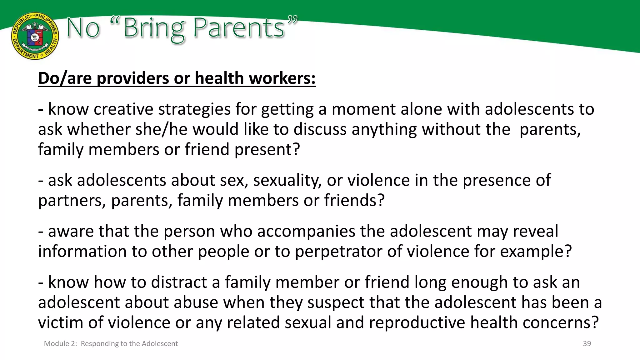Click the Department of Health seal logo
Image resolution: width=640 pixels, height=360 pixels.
click(x=35, y=36)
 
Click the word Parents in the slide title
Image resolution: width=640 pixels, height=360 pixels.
click(x=238, y=28)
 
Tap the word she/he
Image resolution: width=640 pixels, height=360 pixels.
click(x=161, y=129)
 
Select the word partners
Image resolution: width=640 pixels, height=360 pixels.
click(x=72, y=201)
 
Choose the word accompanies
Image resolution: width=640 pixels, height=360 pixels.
click(x=306, y=232)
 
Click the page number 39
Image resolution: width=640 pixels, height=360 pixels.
click(x=587, y=344)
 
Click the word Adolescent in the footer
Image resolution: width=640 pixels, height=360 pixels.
click(x=160, y=344)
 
